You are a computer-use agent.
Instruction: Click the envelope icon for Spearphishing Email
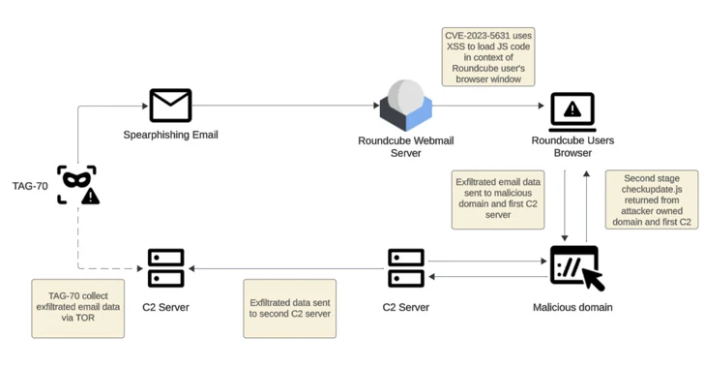(x=170, y=106)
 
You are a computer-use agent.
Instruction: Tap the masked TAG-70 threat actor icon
(x=76, y=184)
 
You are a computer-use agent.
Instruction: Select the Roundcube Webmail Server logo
(x=405, y=106)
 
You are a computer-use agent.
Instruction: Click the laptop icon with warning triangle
(x=572, y=112)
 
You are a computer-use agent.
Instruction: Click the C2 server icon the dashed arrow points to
(x=166, y=268)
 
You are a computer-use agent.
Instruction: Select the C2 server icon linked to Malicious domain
(x=406, y=268)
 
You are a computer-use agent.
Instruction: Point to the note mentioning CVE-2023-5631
(x=488, y=56)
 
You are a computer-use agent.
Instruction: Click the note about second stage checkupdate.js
(x=652, y=200)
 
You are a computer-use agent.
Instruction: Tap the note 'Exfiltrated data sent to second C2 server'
(x=290, y=309)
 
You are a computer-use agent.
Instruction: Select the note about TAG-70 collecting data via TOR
(x=77, y=309)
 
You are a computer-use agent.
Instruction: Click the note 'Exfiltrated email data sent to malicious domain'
(x=498, y=200)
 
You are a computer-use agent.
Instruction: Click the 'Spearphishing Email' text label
(x=170, y=135)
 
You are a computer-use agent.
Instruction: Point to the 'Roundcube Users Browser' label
(x=572, y=146)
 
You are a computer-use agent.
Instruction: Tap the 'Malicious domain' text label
(x=572, y=307)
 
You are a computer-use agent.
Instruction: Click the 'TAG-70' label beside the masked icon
(x=30, y=185)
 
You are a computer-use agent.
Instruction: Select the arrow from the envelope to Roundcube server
(x=280, y=107)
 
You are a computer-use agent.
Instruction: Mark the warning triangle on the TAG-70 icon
(x=90, y=197)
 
